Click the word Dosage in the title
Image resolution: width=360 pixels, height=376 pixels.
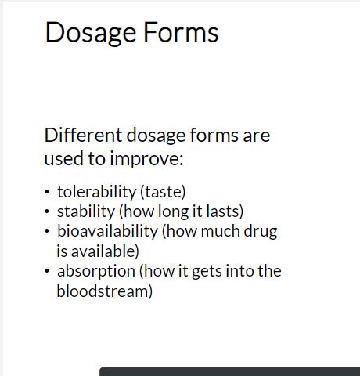pos(91,33)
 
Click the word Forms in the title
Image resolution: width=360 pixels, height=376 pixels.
pos(181,32)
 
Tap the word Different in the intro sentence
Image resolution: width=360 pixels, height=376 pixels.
pos(83,135)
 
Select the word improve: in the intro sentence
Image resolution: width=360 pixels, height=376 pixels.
pos(146,159)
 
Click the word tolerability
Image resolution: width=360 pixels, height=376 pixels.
pos(96,192)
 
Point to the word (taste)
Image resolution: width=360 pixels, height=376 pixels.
pos(163,192)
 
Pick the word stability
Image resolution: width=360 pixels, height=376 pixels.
pos(86,211)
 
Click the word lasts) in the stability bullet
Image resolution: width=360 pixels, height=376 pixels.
pos(225,211)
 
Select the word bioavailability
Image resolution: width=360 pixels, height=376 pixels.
pos(107,231)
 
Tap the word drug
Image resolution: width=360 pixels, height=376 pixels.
pos(261,232)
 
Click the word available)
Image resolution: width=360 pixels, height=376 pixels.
pos(105,251)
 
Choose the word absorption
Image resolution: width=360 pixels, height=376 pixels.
pos(96,272)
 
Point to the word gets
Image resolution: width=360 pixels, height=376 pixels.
pos(207,272)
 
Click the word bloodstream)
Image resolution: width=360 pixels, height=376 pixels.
pos(105,291)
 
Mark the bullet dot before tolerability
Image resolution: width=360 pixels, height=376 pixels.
pos(47,192)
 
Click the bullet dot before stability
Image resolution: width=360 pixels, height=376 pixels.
pos(47,211)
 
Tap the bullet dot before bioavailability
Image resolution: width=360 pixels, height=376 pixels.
pos(47,231)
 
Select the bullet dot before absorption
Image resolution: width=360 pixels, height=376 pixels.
pos(47,271)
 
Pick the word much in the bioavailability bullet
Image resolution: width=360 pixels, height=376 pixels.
pos(221,231)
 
